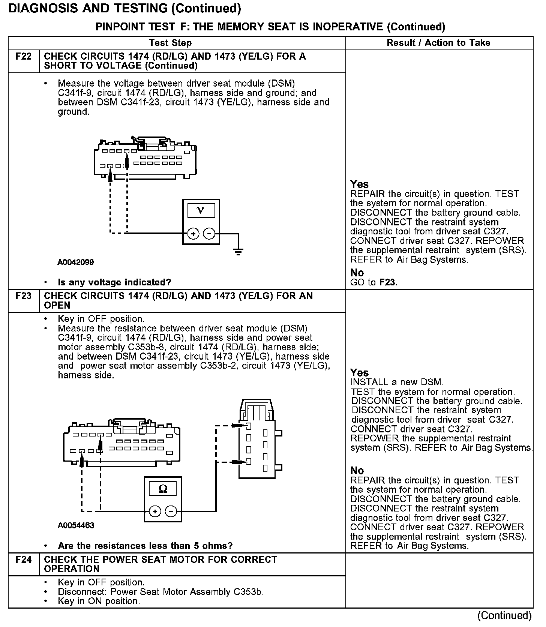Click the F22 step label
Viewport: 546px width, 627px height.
(x=23, y=57)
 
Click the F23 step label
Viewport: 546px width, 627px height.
(x=23, y=296)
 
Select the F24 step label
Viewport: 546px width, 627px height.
(x=23, y=559)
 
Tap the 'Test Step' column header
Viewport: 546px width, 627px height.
(x=170, y=43)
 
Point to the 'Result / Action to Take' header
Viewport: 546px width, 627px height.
(x=438, y=43)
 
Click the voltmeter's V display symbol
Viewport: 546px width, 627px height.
(x=201, y=210)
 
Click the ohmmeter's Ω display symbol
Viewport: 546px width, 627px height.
(x=163, y=489)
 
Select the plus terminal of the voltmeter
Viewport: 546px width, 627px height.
(x=193, y=234)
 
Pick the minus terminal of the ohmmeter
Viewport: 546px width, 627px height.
(x=171, y=511)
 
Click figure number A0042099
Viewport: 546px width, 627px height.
(x=75, y=262)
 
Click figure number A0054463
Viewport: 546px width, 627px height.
(x=76, y=525)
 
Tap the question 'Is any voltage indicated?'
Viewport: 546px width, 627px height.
(x=114, y=282)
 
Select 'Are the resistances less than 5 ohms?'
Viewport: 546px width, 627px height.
(x=145, y=546)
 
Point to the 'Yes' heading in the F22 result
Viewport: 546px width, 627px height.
(x=359, y=184)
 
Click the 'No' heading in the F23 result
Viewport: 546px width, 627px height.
(x=357, y=470)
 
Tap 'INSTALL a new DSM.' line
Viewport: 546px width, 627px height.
(x=397, y=382)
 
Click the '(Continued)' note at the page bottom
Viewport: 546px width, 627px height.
(x=504, y=615)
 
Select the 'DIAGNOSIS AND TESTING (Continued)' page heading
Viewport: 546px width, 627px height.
(x=124, y=8)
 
